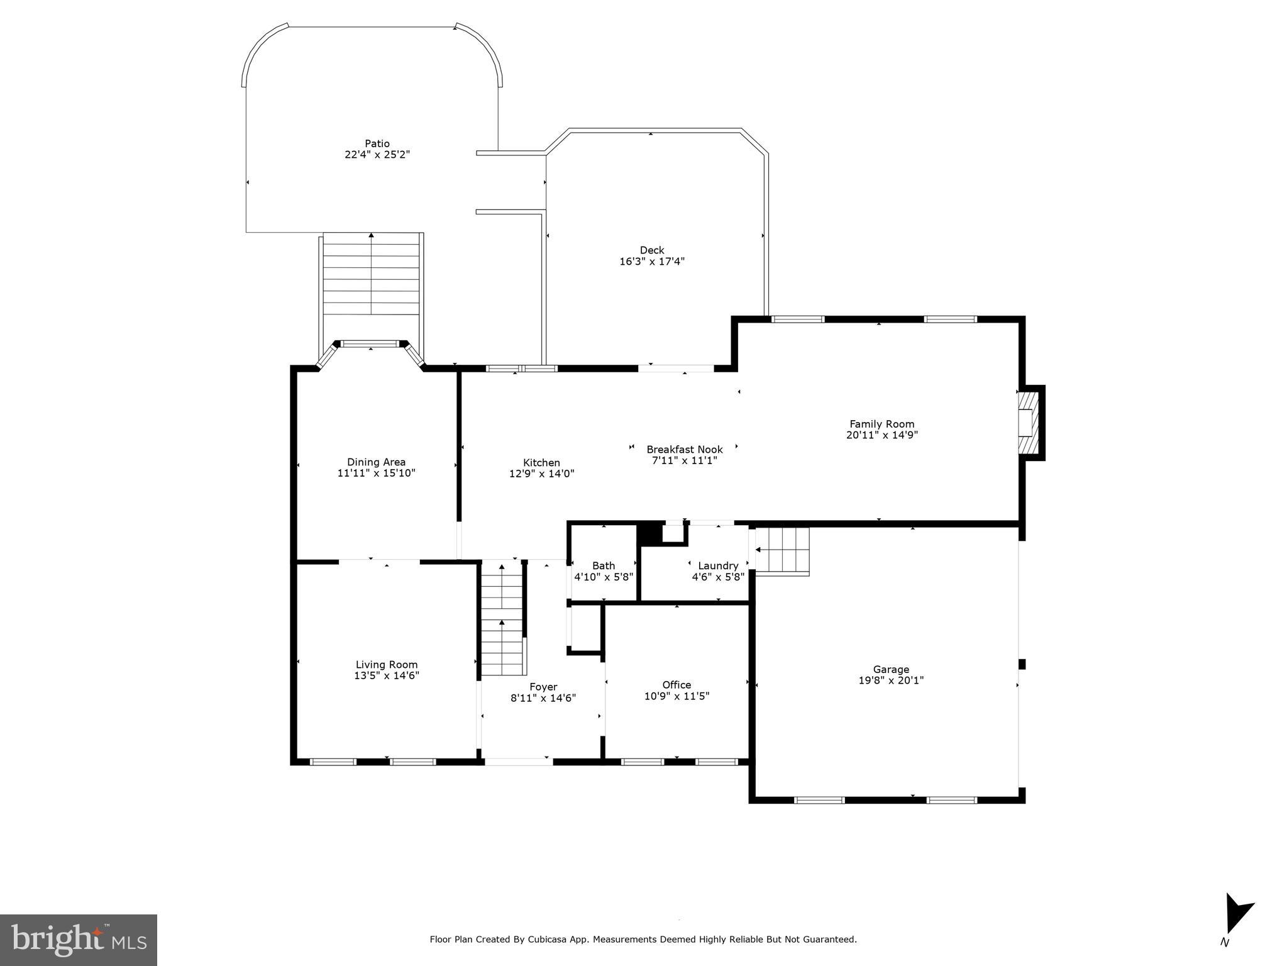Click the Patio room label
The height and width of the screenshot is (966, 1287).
pos(377,143)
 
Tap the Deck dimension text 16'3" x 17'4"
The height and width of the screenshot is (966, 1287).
pos(652,261)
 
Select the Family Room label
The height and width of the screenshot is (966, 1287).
pos(881,424)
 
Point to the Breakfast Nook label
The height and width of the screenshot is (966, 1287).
pos(685,449)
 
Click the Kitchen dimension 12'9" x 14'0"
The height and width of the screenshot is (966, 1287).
pos(541,474)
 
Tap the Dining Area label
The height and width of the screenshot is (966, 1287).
pos(376,462)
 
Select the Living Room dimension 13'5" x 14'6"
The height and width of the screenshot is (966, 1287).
pos(387,675)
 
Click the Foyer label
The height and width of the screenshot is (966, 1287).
pos(543,687)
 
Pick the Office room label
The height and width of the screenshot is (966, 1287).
pos(677,685)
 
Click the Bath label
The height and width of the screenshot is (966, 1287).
pos(604,565)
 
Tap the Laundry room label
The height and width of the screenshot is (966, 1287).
pos(718,565)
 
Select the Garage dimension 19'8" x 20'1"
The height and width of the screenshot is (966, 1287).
pos(891,680)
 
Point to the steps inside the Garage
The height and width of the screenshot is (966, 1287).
pos(782,551)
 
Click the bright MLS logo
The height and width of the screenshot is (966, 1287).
pos(78,940)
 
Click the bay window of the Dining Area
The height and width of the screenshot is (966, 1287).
pos(370,345)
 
